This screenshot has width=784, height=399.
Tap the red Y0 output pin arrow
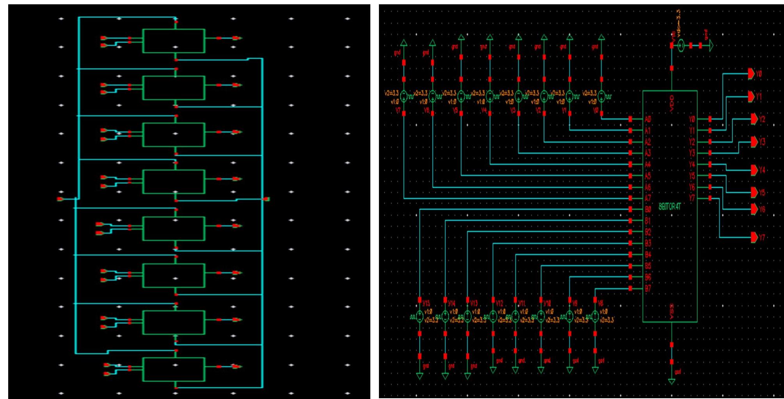[751, 73]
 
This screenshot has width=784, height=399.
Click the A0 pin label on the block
[648, 119]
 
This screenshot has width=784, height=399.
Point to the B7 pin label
[648, 289]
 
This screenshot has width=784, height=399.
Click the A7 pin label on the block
[648, 198]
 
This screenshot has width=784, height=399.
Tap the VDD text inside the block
[672, 103]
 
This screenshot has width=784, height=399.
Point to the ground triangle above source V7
[404, 43]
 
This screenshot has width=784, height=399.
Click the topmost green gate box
[174, 41]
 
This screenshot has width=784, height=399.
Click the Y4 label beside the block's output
[692, 164]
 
